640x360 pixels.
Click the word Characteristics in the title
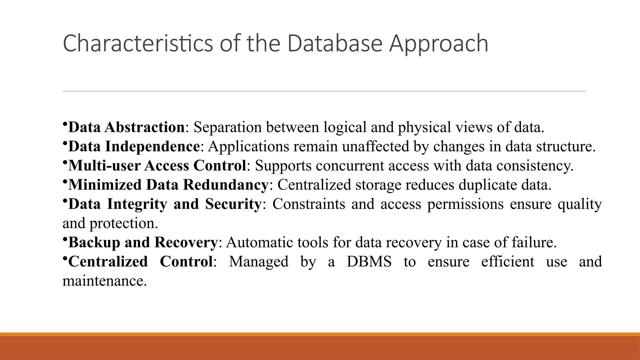coord(138,43)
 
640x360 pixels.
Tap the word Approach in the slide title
coord(438,44)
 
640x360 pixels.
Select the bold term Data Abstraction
coord(126,127)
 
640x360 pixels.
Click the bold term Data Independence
coord(134,146)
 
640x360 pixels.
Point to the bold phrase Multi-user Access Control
coord(157,166)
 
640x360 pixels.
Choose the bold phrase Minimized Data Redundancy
coord(168,185)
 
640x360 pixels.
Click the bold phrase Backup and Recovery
coord(143,242)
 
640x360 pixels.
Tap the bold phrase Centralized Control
coord(141,262)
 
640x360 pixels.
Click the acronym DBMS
coord(369,262)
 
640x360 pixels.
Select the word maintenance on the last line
coord(104,281)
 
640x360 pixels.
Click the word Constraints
coord(309,204)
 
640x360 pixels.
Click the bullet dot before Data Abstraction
coord(64,124)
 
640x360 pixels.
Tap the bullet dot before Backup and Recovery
coord(64,239)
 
